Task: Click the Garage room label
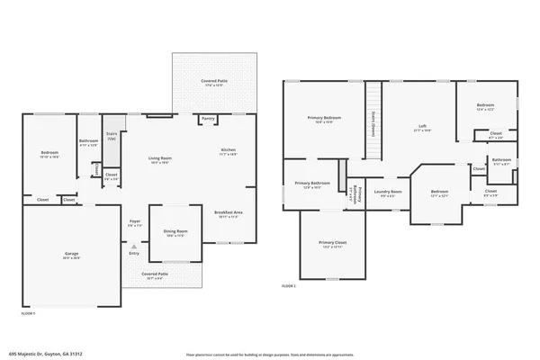pyautogui.click(x=71, y=256)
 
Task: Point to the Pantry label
pyautogui.click(x=208, y=118)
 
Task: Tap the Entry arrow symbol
pyautogui.click(x=134, y=246)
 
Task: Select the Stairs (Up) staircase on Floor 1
pyautogui.click(x=112, y=138)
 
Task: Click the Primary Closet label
pyautogui.click(x=332, y=245)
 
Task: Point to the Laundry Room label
pyautogui.click(x=389, y=193)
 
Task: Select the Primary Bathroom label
pyautogui.click(x=312, y=185)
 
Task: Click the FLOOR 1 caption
pyautogui.click(x=29, y=313)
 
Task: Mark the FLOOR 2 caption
pyautogui.click(x=288, y=284)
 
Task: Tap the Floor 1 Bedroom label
pyautogui.click(x=49, y=154)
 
